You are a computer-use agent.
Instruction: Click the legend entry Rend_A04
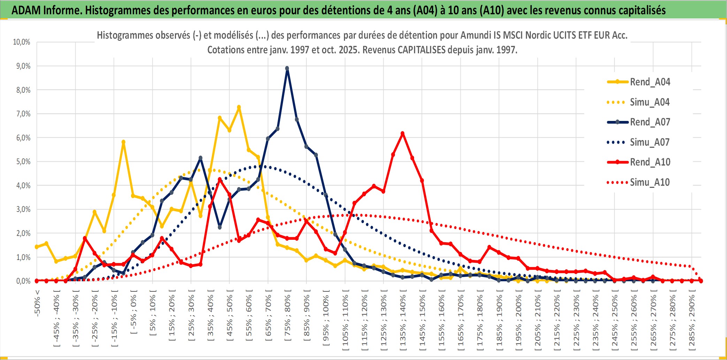click(650, 82)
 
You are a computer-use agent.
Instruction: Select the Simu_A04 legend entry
click(649, 102)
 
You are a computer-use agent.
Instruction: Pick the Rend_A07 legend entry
click(650, 122)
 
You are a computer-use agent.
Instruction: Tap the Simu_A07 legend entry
click(649, 142)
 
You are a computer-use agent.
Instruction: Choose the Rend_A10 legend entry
click(650, 162)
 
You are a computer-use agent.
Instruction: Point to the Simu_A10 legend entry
click(649, 182)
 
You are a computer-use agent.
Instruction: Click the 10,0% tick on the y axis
click(22, 42)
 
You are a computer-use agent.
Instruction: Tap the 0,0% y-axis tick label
click(23, 281)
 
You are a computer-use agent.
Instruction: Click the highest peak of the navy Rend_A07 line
click(287, 68)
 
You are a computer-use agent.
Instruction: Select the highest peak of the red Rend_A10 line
click(403, 133)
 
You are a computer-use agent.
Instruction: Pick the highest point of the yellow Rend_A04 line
click(239, 107)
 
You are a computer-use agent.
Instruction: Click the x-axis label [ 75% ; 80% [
click(287, 317)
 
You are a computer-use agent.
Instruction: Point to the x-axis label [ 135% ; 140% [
click(403, 321)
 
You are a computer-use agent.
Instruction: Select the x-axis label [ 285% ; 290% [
click(691, 321)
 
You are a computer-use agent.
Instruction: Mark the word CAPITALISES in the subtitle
click(421, 50)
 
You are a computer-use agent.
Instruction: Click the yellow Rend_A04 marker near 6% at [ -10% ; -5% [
click(123, 142)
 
